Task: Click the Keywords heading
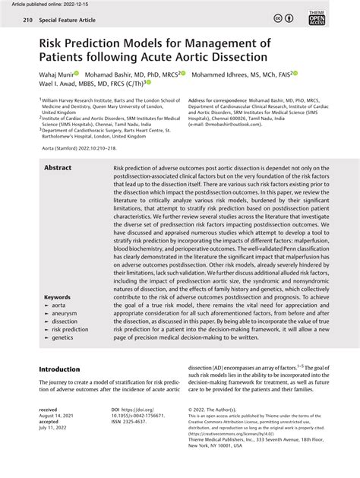(x=58, y=297)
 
